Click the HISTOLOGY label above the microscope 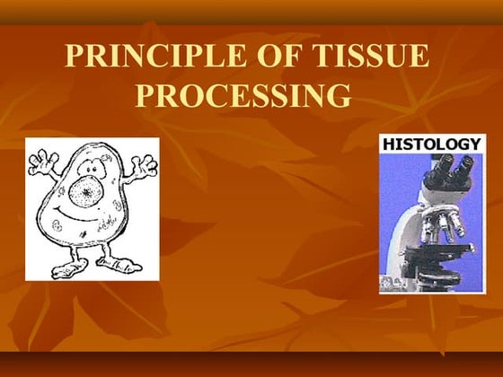pos(432,144)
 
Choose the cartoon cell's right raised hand pos(144,167)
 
